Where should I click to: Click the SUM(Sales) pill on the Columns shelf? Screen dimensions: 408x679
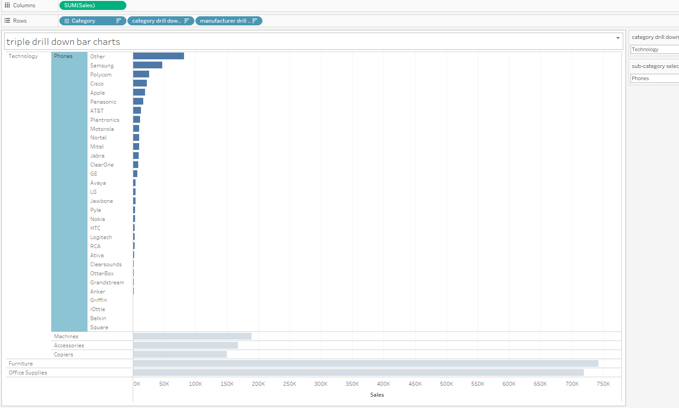click(92, 5)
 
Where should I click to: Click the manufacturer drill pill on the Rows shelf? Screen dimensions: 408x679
click(228, 21)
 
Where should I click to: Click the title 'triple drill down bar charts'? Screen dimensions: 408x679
click(63, 42)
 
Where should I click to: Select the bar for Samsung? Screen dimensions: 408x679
click(147, 65)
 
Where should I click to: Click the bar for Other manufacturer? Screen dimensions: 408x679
click(158, 56)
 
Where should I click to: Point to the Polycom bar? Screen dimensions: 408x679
click(141, 74)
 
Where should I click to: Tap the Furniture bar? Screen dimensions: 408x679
click(365, 364)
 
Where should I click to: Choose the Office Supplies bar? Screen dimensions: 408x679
click(358, 373)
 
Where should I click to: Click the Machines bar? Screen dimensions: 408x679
click(192, 336)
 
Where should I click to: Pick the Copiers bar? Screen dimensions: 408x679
click(179, 355)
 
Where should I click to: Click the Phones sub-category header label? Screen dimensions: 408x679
click(63, 56)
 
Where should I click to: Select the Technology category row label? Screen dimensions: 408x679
click(23, 56)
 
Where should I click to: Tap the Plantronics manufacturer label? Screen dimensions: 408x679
click(105, 120)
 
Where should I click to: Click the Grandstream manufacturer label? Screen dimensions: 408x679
click(107, 283)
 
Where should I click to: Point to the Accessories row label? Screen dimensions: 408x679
click(69, 346)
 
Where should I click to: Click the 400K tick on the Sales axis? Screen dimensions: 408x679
click(383, 384)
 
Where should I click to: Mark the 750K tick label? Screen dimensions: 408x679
click(603, 384)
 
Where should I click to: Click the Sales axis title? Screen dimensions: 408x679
click(377, 395)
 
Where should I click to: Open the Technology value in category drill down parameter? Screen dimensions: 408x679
click(655, 49)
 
